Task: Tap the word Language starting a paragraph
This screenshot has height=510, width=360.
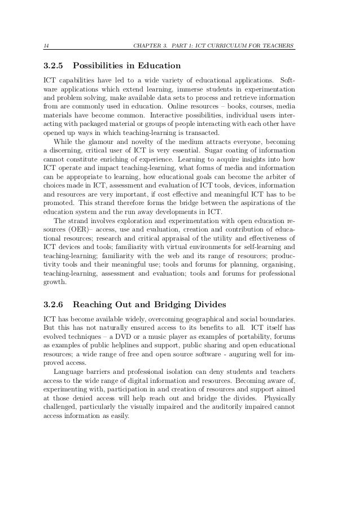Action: tap(68, 379)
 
